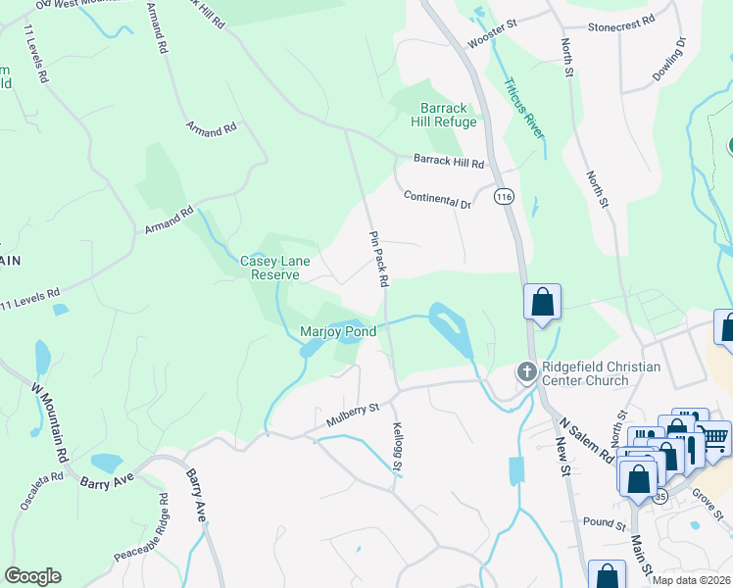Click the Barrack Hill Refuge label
coord(448,115)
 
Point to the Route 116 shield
coord(504,197)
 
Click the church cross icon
coord(526,371)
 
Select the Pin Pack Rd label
coord(379,259)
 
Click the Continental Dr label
coord(438,200)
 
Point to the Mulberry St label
coord(353,415)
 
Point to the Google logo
coord(33,576)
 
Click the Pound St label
coord(604,523)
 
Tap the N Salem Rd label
coord(585,441)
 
